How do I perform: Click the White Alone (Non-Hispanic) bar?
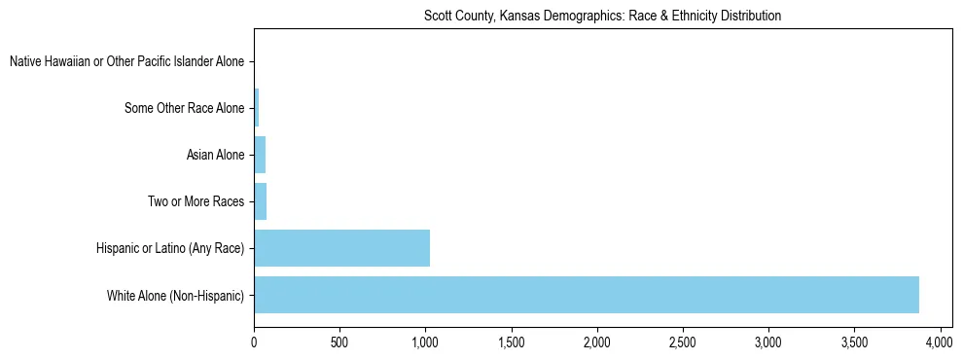pyautogui.click(x=587, y=295)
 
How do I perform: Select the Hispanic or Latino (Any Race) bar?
pyautogui.click(x=341, y=248)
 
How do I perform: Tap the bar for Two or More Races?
pyautogui.click(x=260, y=201)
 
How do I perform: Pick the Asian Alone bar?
pyautogui.click(x=260, y=155)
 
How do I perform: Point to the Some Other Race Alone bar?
pyautogui.click(x=257, y=108)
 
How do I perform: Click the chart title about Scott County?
pyautogui.click(x=603, y=17)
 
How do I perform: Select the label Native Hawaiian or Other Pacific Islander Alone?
pyautogui.click(x=126, y=62)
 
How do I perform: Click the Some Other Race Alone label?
pyautogui.click(x=185, y=108)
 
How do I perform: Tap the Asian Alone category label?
pyautogui.click(x=215, y=155)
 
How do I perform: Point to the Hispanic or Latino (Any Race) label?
pyautogui.click(x=170, y=248)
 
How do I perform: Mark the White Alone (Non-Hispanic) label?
pyautogui.click(x=176, y=295)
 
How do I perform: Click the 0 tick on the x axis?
pyautogui.click(x=254, y=342)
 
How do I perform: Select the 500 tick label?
pyautogui.click(x=339, y=342)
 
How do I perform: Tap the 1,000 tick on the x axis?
pyautogui.click(x=425, y=342)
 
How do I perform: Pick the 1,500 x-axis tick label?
pyautogui.click(x=511, y=342)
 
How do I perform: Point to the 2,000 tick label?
pyautogui.click(x=596, y=342)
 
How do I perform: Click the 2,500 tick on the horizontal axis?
pyautogui.click(x=682, y=342)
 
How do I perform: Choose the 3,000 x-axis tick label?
pyautogui.click(x=767, y=342)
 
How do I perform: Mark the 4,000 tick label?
pyautogui.click(x=940, y=342)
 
